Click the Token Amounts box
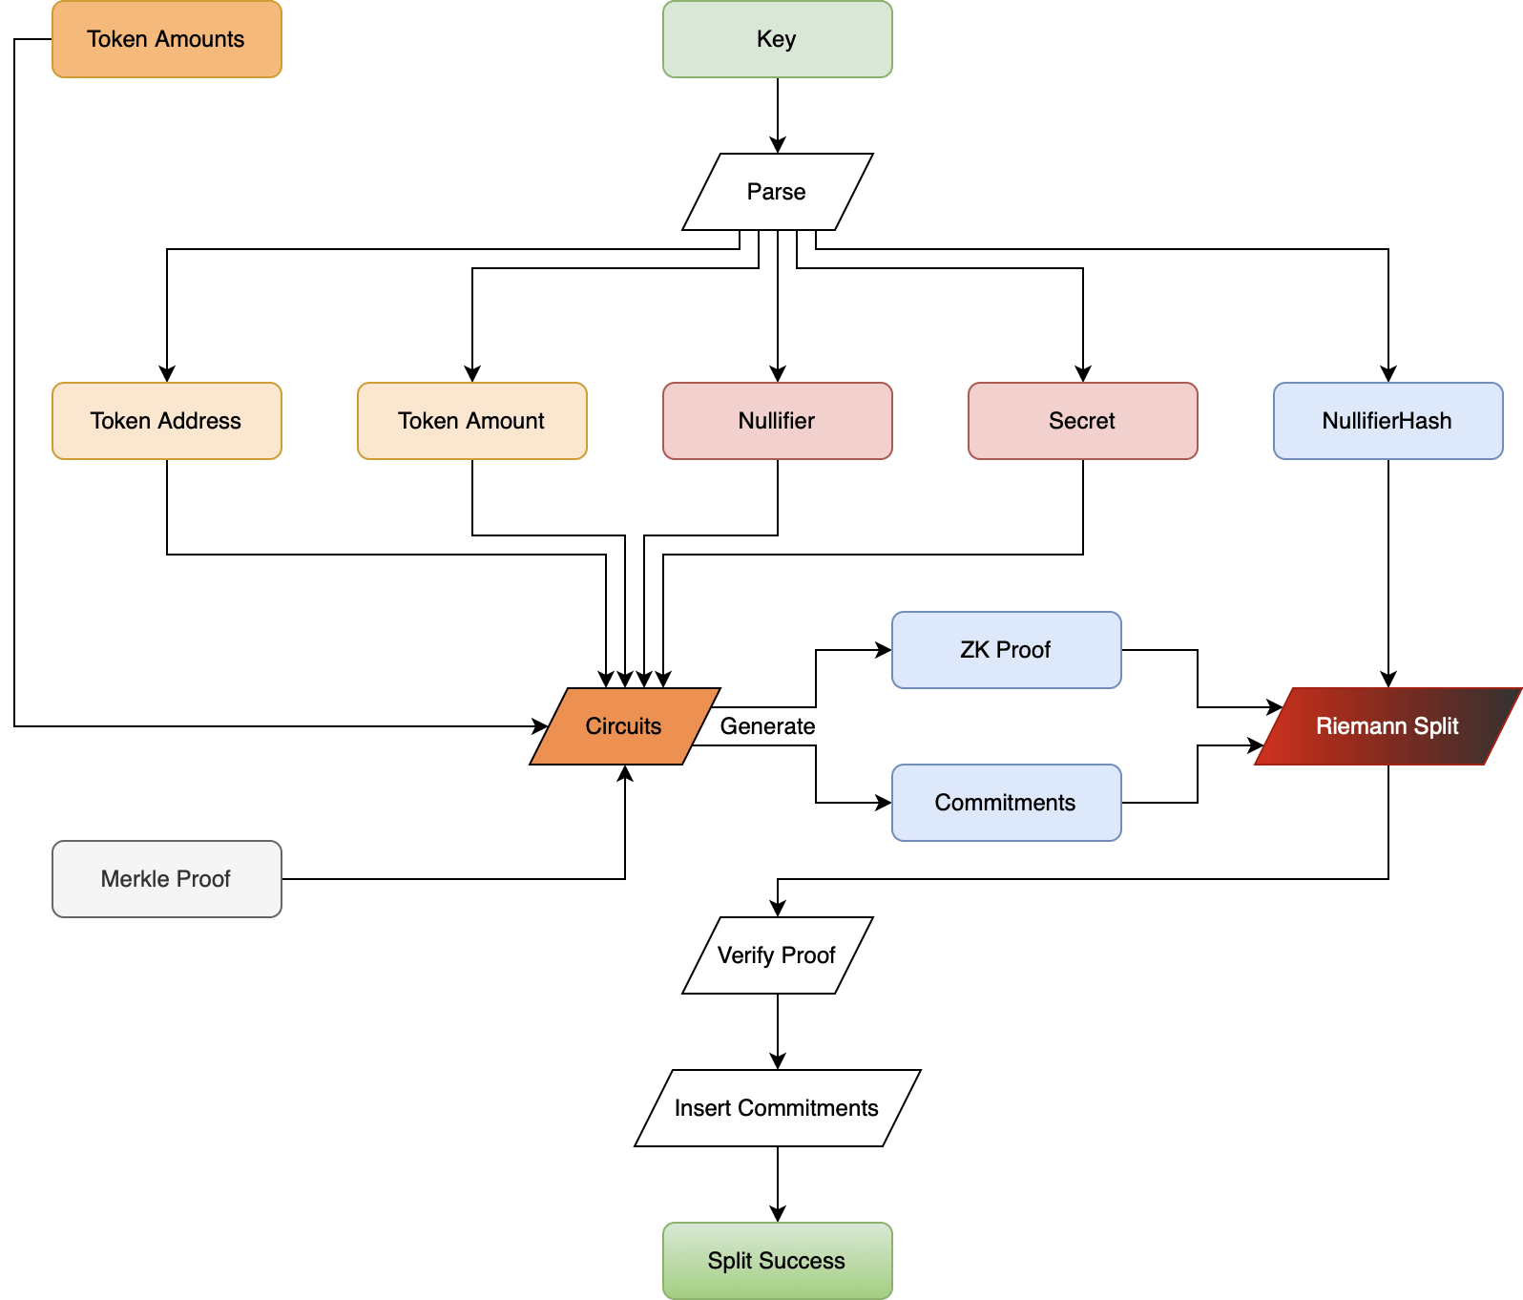[166, 39]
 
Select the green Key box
[777, 39]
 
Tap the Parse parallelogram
[777, 192]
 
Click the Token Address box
[166, 421]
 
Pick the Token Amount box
[471, 421]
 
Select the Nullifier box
[777, 421]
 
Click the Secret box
[1082, 421]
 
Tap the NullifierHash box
[1387, 421]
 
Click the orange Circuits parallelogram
[624, 726]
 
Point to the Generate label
[767, 726]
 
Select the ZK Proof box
[1006, 650]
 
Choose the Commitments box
[1006, 803]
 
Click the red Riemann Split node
[1387, 726]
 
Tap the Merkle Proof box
[166, 879]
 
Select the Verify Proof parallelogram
[777, 955]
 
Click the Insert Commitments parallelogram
[777, 1108]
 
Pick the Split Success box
[777, 1261]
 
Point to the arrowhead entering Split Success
[778, 1214]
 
